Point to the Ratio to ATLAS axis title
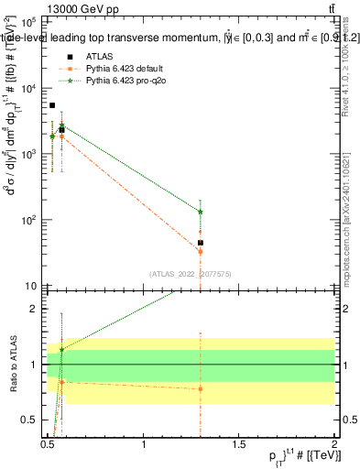[12, 365]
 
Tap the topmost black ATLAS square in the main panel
[52, 105]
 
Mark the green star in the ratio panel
[61, 349]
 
